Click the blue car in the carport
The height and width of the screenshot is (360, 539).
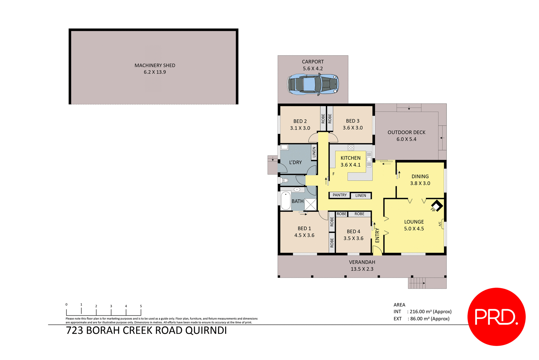tap(313, 84)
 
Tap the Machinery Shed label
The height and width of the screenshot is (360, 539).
tap(155, 65)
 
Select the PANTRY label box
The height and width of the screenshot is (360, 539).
tap(339, 195)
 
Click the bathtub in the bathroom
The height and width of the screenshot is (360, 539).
tap(286, 200)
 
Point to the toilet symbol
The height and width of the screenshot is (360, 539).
tap(285, 180)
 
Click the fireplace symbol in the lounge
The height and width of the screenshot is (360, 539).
tap(437, 205)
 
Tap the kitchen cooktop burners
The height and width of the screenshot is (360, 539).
tap(351, 147)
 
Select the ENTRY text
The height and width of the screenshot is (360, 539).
tap(377, 235)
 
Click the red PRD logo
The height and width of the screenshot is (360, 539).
tap(496, 317)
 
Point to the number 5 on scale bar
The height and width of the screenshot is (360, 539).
tap(141, 306)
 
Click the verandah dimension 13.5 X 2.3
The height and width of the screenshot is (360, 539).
tap(362, 269)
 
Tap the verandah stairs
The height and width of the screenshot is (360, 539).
tap(417, 283)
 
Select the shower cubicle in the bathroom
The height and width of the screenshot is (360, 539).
tap(310, 204)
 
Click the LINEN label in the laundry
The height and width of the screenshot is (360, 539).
tap(314, 152)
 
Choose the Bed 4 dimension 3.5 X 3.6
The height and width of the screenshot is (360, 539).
tap(353, 238)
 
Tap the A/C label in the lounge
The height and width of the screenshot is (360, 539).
tap(440, 224)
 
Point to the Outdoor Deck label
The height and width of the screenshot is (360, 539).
tap(406, 133)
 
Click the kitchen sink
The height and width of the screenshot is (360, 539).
tap(369, 160)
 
